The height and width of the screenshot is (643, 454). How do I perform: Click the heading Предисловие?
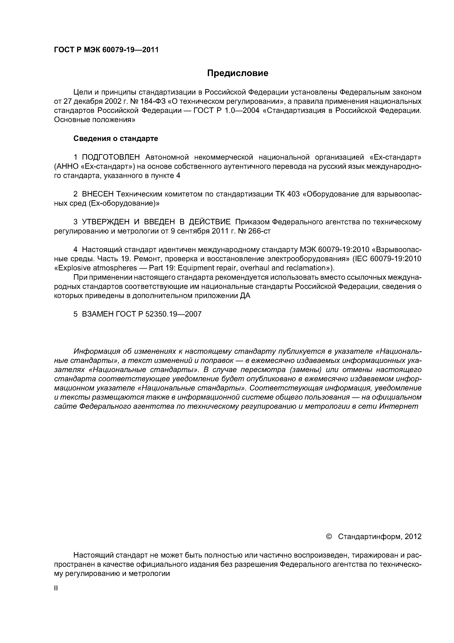pyautogui.click(x=237, y=73)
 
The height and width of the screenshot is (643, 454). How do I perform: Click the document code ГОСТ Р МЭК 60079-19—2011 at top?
pyautogui.click(x=106, y=50)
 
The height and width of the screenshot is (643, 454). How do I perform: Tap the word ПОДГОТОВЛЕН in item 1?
pyautogui.click(x=111, y=157)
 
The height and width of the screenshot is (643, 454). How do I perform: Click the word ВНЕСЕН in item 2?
pyautogui.click(x=98, y=194)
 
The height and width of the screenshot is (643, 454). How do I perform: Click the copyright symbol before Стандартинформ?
pyautogui.click(x=329, y=537)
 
